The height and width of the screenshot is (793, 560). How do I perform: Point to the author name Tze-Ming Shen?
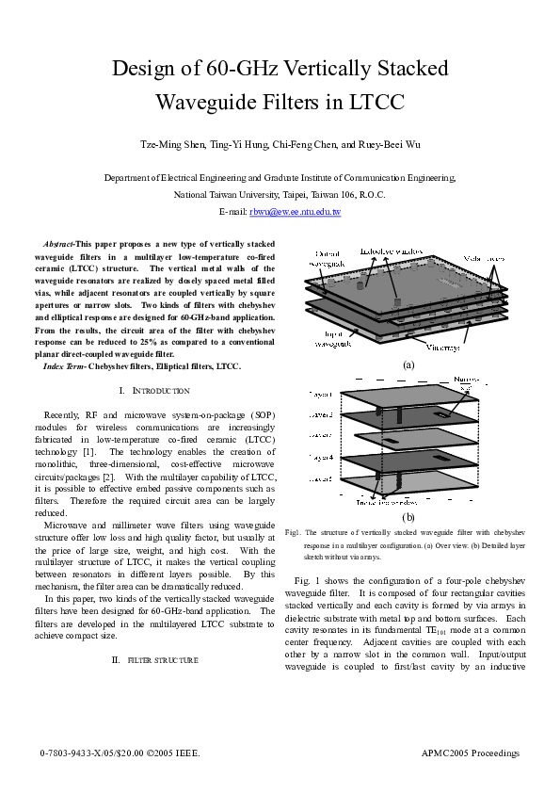click(173, 145)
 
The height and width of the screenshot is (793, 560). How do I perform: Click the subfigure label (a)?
click(408, 364)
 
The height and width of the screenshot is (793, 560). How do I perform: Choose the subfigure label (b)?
click(408, 517)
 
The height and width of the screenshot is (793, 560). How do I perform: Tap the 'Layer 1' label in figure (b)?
click(322, 396)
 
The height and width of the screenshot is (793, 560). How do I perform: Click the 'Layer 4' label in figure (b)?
click(322, 457)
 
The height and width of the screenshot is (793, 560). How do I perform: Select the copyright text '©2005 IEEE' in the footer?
click(176, 753)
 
